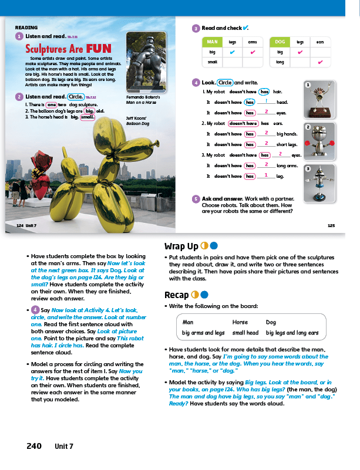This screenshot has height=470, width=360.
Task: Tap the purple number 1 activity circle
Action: tap(19, 36)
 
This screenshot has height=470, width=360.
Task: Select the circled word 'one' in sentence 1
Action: tap(51, 104)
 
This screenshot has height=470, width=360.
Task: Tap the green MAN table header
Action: tap(213, 42)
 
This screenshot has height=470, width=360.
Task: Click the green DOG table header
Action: tap(280, 42)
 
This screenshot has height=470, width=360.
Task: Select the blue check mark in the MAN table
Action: tap(233, 52)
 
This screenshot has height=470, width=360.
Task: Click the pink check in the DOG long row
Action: tap(320, 62)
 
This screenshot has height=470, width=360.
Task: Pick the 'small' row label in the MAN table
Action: tap(213, 62)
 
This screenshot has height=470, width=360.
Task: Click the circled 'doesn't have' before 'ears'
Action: tap(243, 124)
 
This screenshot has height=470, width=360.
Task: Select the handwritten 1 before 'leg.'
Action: tap(266, 175)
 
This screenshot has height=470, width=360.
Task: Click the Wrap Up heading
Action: tap(181, 246)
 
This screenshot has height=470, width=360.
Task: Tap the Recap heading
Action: tap(178, 295)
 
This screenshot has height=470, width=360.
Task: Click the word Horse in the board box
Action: tap(240, 322)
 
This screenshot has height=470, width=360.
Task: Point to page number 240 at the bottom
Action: tap(34, 446)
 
